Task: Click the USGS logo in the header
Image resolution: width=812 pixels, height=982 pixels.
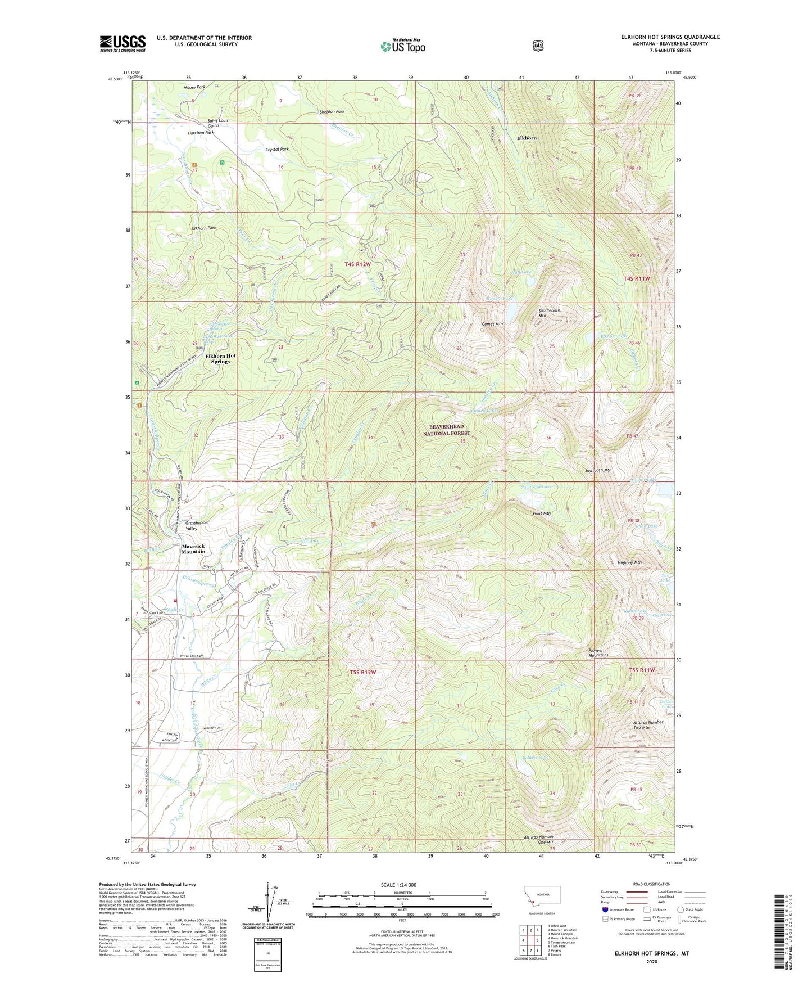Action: (123, 43)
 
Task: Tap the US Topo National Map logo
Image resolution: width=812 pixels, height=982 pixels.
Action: (402, 46)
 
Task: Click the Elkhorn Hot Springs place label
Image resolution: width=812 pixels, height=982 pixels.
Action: (220, 359)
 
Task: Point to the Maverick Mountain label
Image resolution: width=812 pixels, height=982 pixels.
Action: (193, 549)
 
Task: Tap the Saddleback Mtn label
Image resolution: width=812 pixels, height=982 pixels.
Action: (549, 313)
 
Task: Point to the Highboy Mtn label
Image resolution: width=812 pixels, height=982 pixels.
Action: (629, 562)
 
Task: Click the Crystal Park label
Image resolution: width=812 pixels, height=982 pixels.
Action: (277, 150)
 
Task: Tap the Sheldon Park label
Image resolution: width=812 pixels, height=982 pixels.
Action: (332, 111)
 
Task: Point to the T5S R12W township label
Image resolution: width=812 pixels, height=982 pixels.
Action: (362, 672)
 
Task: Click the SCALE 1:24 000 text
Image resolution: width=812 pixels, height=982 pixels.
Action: (398, 885)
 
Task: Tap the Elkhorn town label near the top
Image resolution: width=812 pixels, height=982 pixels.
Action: (527, 138)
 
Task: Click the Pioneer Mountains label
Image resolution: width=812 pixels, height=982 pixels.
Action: (598, 652)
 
